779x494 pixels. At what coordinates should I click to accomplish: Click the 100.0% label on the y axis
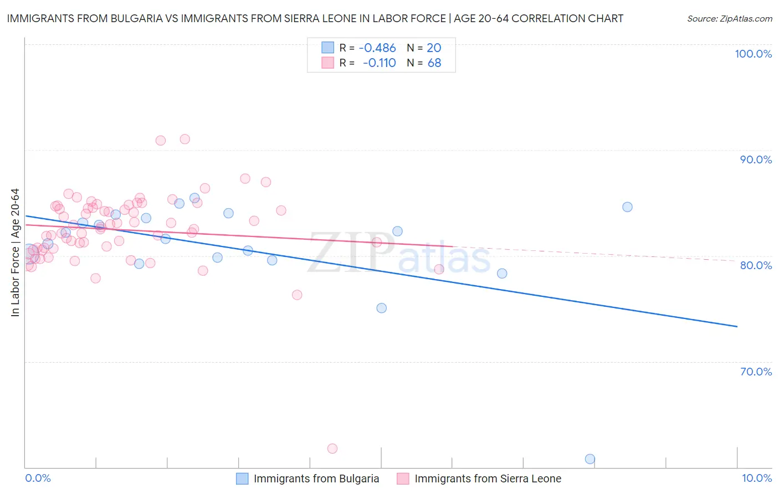tap(753, 54)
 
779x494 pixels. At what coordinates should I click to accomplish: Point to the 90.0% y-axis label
tap(756, 159)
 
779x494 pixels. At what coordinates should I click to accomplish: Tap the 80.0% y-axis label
tap(756, 265)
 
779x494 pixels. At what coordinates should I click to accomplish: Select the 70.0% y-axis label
tap(756, 372)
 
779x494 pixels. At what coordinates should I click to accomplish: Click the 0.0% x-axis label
tap(38, 478)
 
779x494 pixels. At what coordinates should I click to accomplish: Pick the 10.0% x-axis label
tap(756, 478)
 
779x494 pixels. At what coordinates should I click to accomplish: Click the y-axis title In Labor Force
tap(15, 253)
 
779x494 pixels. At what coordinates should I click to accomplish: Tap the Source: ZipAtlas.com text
tap(729, 18)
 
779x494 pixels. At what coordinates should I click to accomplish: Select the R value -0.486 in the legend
tap(377, 48)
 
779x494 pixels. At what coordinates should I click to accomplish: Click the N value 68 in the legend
tap(434, 63)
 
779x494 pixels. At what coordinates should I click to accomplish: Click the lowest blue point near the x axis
tap(590, 459)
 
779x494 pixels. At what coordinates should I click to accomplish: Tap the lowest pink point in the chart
tap(332, 449)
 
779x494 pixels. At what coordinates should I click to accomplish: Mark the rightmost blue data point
tap(627, 207)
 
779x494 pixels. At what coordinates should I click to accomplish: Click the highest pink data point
tap(185, 139)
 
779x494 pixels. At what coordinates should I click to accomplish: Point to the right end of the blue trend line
tap(737, 327)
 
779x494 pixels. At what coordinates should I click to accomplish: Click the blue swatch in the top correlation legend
tap(328, 48)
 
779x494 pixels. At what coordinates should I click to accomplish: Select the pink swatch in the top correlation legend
tap(328, 63)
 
